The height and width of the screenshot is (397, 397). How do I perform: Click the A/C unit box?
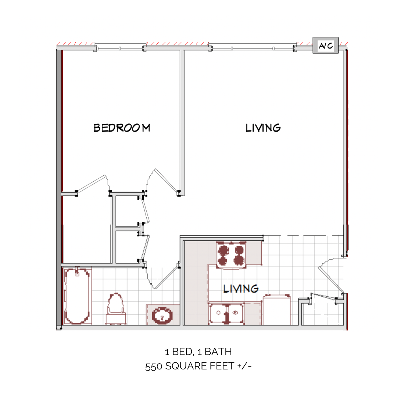[325, 46]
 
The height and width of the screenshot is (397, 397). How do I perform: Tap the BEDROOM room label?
[122, 128]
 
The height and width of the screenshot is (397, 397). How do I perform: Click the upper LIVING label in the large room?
[263, 128]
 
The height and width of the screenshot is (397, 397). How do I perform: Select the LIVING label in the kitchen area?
[241, 289]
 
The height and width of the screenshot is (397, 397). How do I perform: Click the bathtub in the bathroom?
[77, 296]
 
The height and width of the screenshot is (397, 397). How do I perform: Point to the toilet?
[116, 309]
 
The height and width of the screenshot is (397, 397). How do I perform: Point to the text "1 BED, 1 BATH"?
[198, 352]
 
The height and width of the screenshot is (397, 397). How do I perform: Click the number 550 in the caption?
[154, 366]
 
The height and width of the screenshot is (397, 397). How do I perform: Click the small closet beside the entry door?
[323, 312]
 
